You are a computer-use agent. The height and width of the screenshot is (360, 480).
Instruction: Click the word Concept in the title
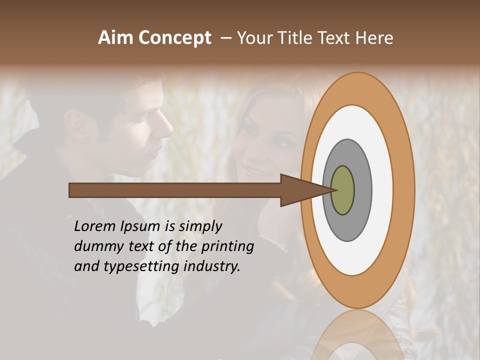click(175, 38)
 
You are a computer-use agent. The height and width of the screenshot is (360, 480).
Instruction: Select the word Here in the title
click(375, 38)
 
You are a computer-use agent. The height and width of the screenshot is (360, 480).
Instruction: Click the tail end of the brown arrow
click(70, 190)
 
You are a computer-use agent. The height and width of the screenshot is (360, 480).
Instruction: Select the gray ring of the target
click(362, 190)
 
